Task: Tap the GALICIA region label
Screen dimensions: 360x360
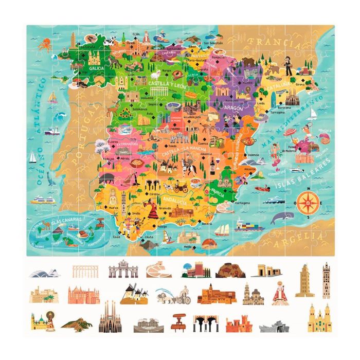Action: pyautogui.click(x=96, y=67)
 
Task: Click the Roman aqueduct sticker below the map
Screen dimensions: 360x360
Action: pyautogui.click(x=85, y=271)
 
